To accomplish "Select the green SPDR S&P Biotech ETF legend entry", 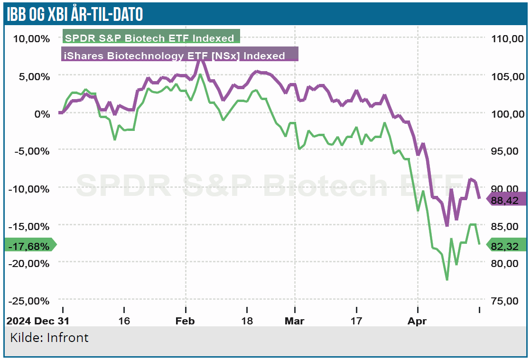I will (151, 38).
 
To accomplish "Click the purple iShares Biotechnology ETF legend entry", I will (179, 55).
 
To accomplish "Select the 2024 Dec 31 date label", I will (38, 321).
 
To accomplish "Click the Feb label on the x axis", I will (186, 321).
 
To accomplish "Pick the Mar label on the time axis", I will (294, 321).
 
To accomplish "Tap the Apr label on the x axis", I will (418, 321).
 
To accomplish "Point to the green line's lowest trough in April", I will (447, 280).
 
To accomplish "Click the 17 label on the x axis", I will (356, 321).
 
